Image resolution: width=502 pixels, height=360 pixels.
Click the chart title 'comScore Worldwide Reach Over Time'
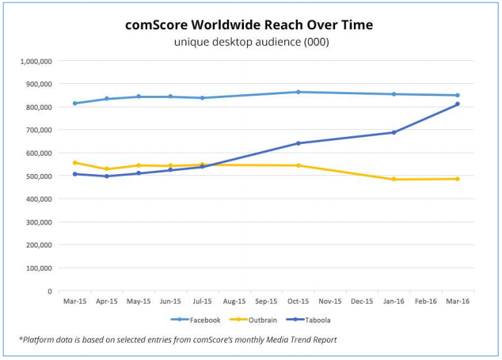coord(249,25)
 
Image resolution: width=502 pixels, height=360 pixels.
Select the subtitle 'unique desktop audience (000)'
coord(251,42)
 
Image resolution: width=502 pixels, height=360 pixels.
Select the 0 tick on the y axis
coord(50,292)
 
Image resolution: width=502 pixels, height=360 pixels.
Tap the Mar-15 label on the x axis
coord(75,301)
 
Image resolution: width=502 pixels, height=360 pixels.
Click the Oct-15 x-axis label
coord(298,301)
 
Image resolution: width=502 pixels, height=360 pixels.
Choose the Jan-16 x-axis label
coord(394,301)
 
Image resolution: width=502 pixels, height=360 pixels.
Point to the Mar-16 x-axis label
coord(457,301)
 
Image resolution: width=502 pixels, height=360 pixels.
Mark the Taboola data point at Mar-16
coord(457,104)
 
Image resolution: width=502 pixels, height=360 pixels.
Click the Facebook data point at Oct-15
coord(298,92)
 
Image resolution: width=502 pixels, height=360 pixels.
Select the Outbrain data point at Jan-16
coord(394,180)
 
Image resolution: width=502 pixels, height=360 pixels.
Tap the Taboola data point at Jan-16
coord(394,132)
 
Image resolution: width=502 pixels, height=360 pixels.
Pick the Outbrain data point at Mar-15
coord(75,163)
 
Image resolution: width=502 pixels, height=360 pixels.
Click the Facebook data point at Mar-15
coord(75,103)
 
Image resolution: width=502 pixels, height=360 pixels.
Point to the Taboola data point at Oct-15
coord(298,143)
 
